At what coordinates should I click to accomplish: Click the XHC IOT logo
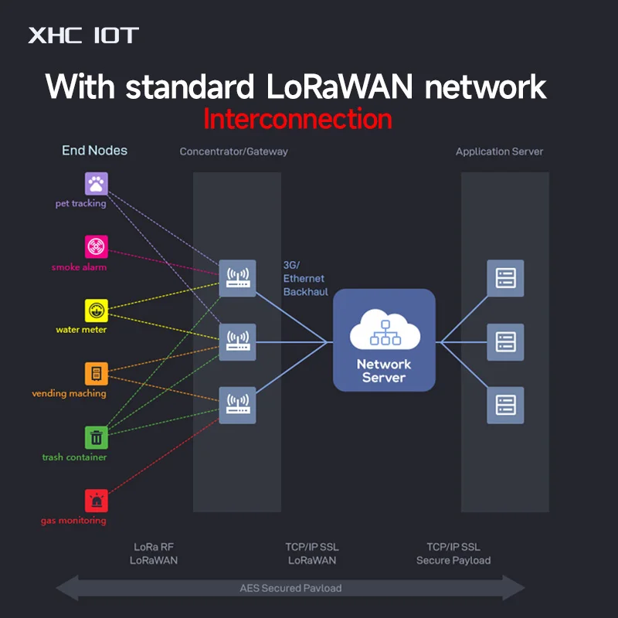tap(83, 36)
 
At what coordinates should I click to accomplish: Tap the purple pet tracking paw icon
tap(96, 184)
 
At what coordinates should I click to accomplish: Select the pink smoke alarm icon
tap(96, 246)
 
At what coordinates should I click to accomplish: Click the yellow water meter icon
tap(96, 311)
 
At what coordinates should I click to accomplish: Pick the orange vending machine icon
tap(96, 374)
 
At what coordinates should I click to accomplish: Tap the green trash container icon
tap(96, 437)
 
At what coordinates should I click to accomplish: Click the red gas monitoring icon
tap(96, 501)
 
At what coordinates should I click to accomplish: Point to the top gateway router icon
tap(237, 278)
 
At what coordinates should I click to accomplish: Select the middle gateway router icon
tap(237, 342)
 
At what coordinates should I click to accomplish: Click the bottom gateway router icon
tap(237, 405)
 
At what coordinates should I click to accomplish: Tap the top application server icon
tap(505, 278)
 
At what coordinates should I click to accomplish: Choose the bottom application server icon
tap(505, 405)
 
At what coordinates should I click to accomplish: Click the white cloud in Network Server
tap(385, 330)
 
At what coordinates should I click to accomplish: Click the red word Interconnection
tap(297, 119)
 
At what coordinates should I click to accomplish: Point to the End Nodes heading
tap(94, 150)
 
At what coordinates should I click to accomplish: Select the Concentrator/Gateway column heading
tap(234, 151)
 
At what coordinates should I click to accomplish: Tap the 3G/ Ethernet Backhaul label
tap(305, 278)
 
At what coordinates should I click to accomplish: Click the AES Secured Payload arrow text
tap(290, 588)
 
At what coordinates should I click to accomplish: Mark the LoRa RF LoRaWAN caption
tap(154, 553)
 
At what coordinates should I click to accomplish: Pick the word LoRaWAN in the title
tap(339, 87)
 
